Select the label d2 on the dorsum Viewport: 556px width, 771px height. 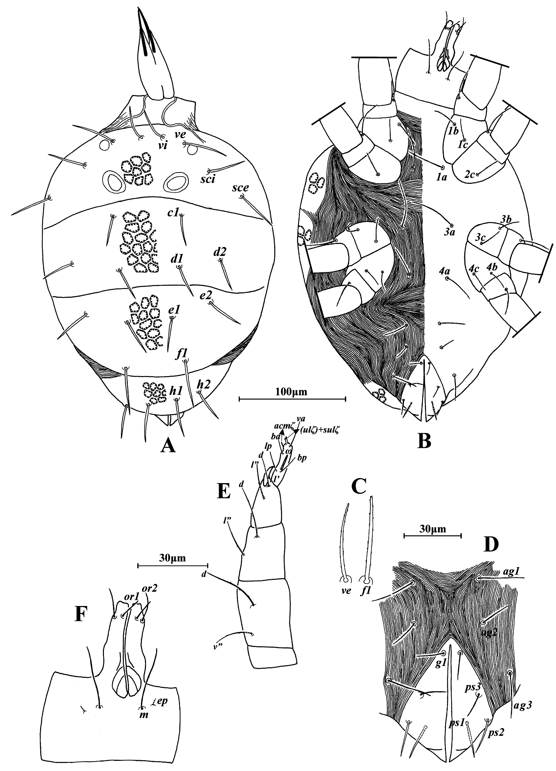219,252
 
